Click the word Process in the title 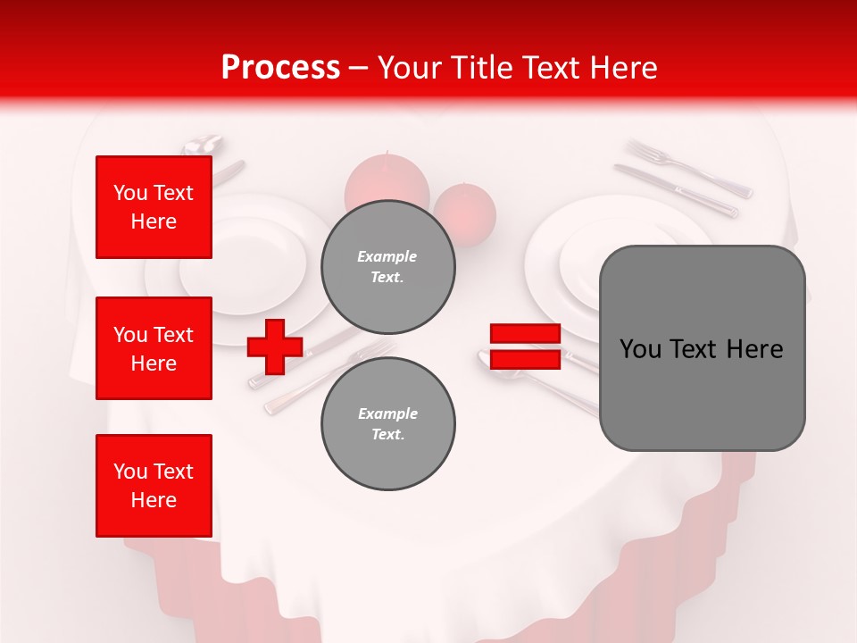point(280,67)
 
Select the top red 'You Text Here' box point(154,207)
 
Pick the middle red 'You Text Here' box point(154,348)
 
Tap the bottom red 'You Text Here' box point(154,485)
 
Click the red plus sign point(275,347)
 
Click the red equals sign point(526,347)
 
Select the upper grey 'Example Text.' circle point(387,266)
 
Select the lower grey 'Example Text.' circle point(387,424)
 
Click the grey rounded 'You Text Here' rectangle point(702,348)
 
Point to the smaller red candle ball point(465,211)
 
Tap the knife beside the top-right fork point(676,190)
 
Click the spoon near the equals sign point(536,380)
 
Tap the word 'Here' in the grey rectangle point(754,349)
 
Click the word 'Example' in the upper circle point(387,256)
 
